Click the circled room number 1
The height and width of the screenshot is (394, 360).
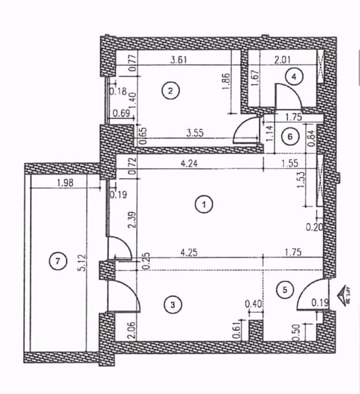point(204,205)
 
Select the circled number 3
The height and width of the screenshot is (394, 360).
point(173,305)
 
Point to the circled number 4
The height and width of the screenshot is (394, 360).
point(294,77)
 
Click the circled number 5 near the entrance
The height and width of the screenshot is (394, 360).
point(285,290)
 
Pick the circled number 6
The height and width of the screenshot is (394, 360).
point(291,136)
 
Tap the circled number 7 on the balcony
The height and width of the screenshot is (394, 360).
point(58,261)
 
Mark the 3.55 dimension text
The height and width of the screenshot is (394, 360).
point(195,133)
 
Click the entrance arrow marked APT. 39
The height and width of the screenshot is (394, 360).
point(345,295)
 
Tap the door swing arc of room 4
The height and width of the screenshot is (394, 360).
point(288,96)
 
